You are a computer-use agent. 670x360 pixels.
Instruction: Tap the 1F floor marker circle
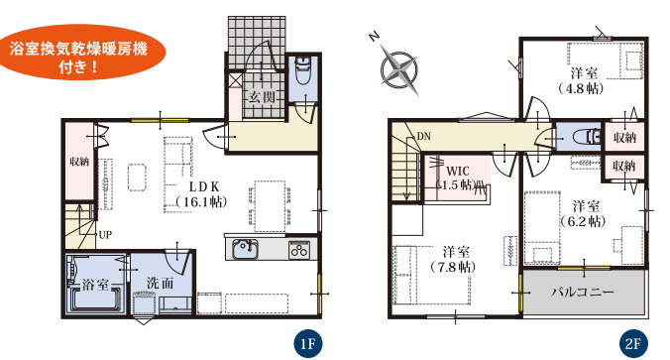click(307, 343)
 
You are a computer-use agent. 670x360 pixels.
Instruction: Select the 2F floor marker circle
click(633, 343)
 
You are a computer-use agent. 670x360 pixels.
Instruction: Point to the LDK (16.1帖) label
click(201, 194)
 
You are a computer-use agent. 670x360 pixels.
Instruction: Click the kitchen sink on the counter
click(245, 249)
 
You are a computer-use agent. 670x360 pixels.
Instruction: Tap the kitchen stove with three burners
click(299, 250)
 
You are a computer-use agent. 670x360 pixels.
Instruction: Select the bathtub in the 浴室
click(96, 299)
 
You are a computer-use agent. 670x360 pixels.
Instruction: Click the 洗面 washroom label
click(161, 283)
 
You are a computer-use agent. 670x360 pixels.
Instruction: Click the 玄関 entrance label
click(262, 97)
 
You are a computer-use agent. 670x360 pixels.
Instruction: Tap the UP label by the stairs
click(105, 235)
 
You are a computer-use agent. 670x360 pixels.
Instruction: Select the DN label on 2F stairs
click(424, 137)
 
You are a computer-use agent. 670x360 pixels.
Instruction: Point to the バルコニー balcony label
click(583, 293)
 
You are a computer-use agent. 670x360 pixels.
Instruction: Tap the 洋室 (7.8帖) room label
click(453, 259)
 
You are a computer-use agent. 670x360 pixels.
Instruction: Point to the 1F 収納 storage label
click(79, 162)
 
